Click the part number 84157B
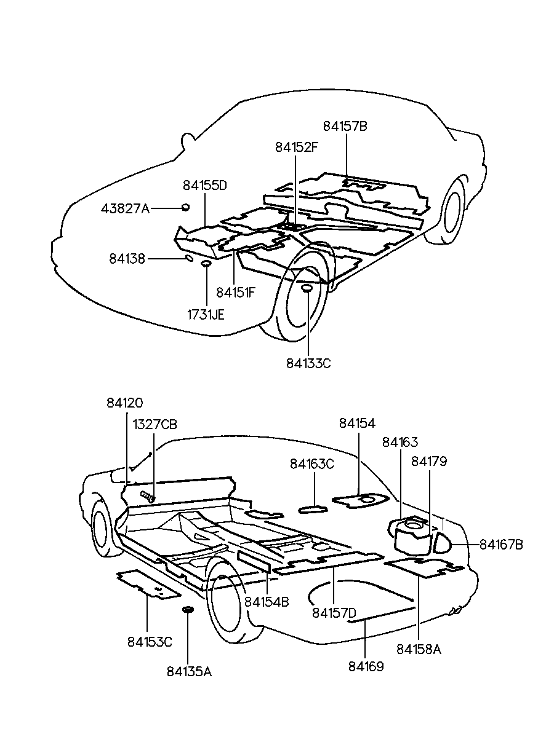(x=345, y=126)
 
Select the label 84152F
(x=297, y=148)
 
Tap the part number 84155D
(x=205, y=185)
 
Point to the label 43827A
(x=125, y=209)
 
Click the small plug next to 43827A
(x=185, y=207)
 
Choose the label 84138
(x=127, y=259)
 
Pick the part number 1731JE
(x=206, y=315)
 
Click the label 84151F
(x=236, y=293)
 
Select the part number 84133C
(x=308, y=363)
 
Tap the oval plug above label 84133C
(x=307, y=289)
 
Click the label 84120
(x=124, y=403)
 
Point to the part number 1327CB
(x=155, y=424)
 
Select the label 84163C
(x=312, y=464)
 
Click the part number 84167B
(x=501, y=544)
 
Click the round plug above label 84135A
(x=187, y=610)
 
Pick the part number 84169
(x=366, y=666)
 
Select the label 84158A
(x=419, y=648)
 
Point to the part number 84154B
(x=267, y=602)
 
